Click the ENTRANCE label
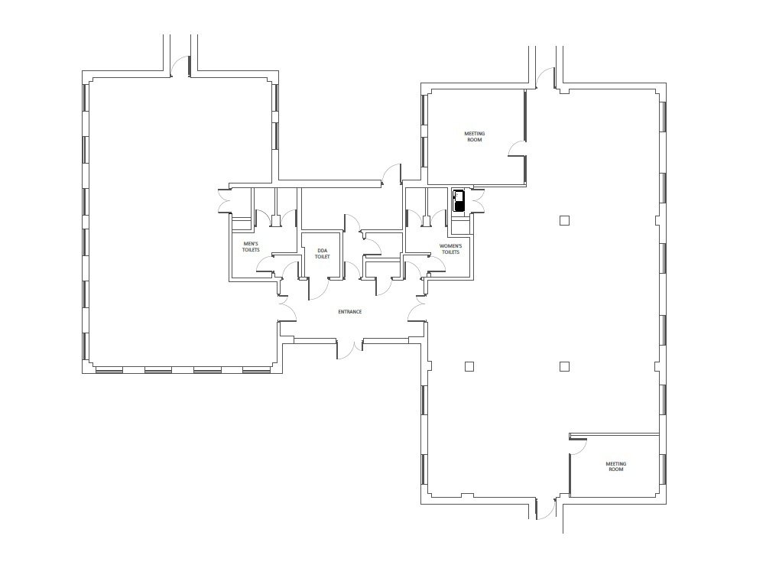[350, 312]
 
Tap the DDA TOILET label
[323, 253]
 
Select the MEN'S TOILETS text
[251, 246]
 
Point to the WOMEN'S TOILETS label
[450, 249]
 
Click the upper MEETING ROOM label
[475, 137]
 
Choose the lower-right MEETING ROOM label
[616, 466]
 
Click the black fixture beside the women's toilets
[458, 200]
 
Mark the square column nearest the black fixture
[564, 220]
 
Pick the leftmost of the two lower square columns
[469, 367]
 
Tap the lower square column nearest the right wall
[564, 367]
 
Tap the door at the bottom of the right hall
[547, 509]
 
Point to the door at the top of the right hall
[546, 78]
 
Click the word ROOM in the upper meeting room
[475, 140]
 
